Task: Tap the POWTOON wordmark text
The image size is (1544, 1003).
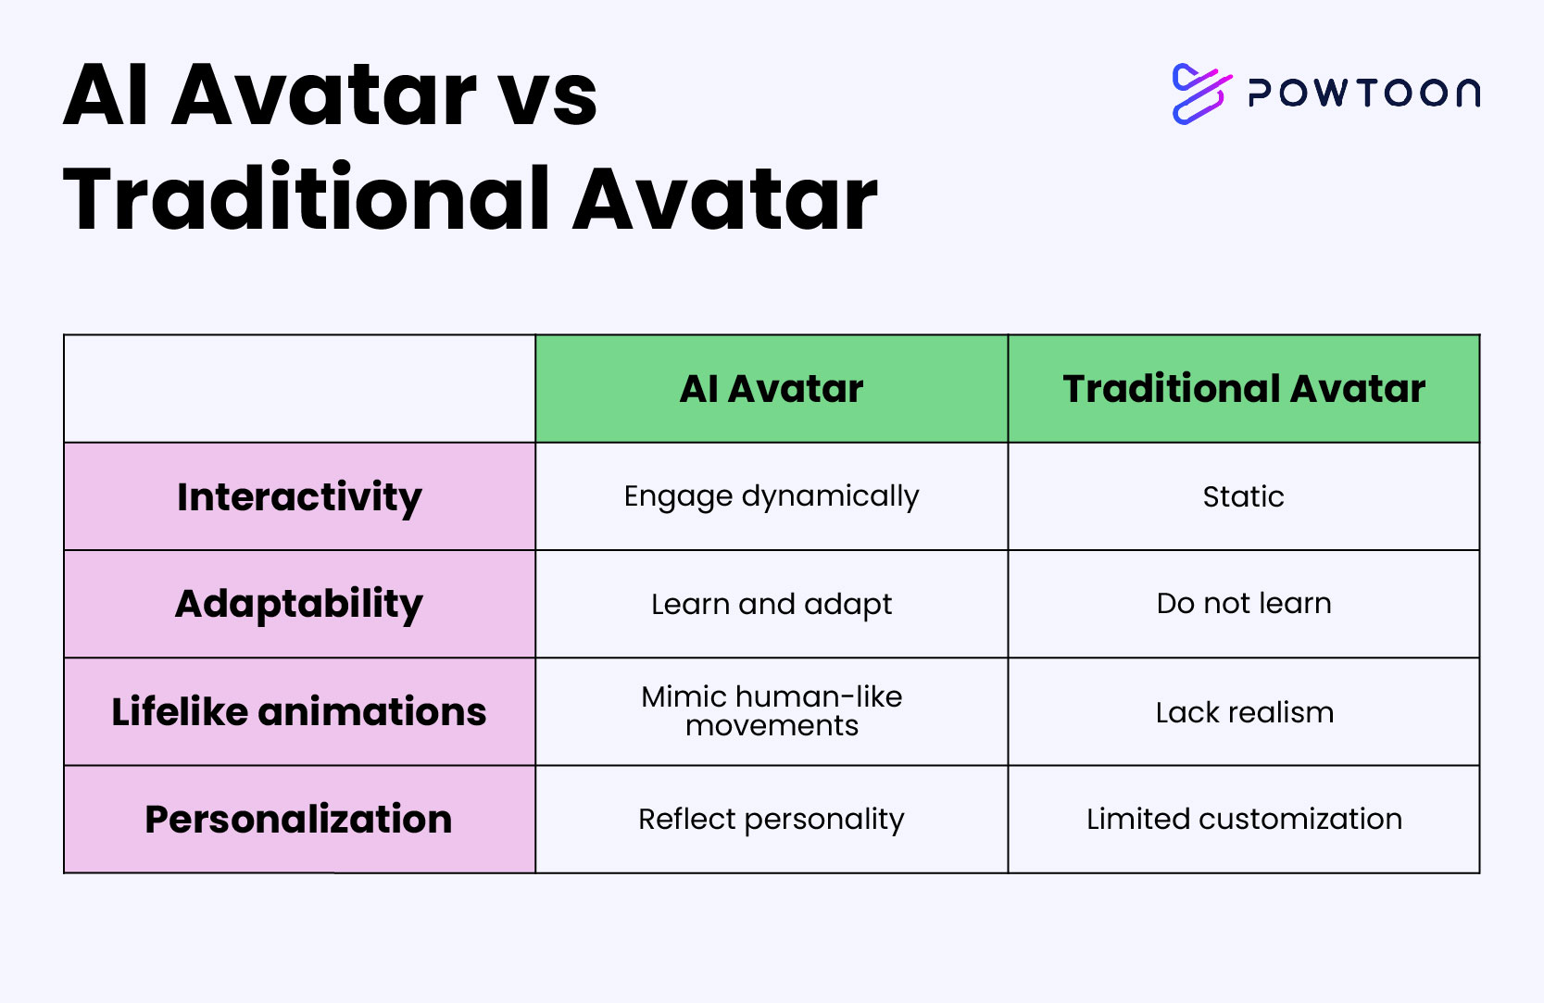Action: pos(1364,93)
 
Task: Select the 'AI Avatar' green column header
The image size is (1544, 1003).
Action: pos(772,389)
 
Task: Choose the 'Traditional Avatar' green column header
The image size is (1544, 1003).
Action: pos(1244,389)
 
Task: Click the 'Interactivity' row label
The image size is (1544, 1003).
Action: pos(299,496)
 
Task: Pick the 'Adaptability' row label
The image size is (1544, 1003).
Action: pos(299,604)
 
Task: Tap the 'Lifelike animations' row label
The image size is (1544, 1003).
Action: pos(299,711)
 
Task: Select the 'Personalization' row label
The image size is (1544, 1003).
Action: pos(299,819)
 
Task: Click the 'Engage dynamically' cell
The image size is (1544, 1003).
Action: pos(772,496)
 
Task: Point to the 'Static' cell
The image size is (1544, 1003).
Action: pos(1244,496)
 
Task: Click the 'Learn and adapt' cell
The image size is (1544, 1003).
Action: pos(772,604)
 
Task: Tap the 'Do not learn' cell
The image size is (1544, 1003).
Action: pos(1244,604)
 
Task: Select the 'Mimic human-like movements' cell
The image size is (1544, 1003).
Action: pos(772,711)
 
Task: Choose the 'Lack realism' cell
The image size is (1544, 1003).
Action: pos(1244,711)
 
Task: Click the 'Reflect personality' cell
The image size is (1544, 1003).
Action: pos(772,819)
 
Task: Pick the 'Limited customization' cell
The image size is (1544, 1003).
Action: pos(1244,819)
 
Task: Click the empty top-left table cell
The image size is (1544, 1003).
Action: pos(299,389)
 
